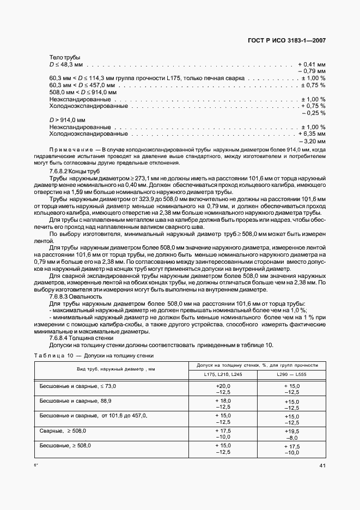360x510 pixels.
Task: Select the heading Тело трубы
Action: (65, 57)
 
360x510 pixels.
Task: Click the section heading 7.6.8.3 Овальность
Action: (74, 296)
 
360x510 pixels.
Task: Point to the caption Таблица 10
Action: (51, 355)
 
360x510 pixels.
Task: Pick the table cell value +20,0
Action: (223, 386)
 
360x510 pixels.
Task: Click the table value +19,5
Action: (292, 430)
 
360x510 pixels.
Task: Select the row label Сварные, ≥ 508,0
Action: (63, 430)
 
